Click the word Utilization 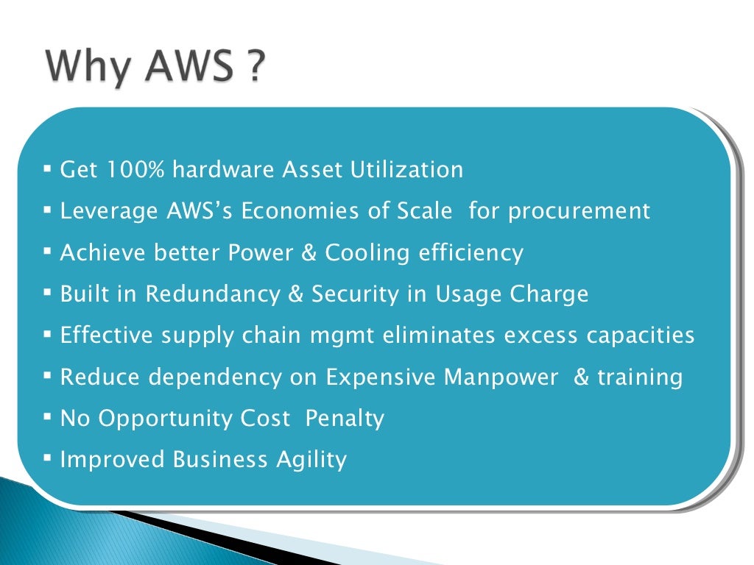(406, 170)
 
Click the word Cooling (367, 253)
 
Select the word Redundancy (223, 294)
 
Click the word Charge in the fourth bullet (550, 294)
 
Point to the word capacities (641, 336)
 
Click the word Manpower (501, 377)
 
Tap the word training (640, 377)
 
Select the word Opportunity (166, 419)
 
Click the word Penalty (345, 419)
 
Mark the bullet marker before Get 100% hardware (47, 169)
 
